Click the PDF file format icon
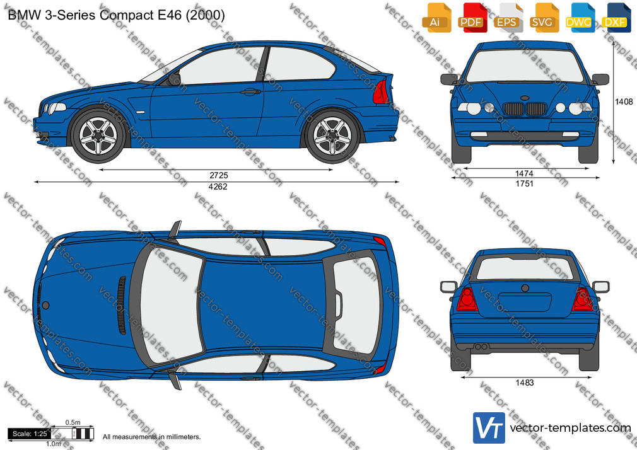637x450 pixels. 473,18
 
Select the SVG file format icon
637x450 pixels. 544,18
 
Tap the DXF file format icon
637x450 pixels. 616,18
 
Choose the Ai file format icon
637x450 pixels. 436,18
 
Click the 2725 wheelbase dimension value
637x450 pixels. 219,175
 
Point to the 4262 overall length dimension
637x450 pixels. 218,187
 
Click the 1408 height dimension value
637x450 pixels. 624,102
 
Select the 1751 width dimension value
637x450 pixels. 524,183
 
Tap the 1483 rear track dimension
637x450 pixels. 525,383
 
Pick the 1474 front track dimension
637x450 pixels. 524,173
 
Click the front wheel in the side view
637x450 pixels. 98,136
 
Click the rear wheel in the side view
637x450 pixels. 332,136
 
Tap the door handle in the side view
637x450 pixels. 250,92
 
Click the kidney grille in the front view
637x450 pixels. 524,109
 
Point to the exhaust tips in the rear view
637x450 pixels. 481,347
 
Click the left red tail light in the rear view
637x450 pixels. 467,299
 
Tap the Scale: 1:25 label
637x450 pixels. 30,434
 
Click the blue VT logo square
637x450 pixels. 489,428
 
